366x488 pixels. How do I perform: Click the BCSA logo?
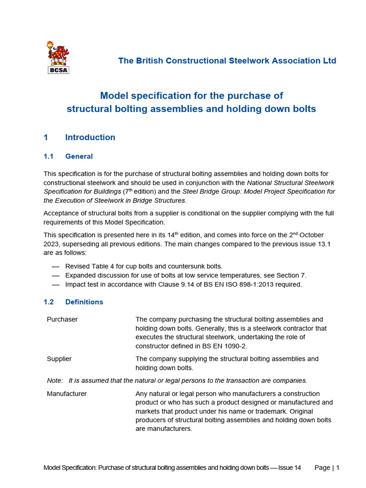pyautogui.click(x=58, y=58)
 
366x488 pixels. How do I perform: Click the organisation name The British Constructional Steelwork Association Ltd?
pyautogui.click(x=227, y=61)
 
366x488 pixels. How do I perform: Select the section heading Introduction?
pyautogui.click(x=90, y=137)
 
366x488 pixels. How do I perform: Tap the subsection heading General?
pyautogui.click(x=79, y=156)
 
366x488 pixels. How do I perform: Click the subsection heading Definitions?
pyautogui.click(x=84, y=302)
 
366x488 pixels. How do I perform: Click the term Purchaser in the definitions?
pyautogui.click(x=62, y=319)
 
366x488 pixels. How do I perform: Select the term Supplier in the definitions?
pyautogui.click(x=59, y=359)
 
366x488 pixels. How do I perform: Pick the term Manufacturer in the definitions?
pyautogui.click(x=67, y=394)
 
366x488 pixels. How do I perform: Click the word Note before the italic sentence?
pyautogui.click(x=54, y=380)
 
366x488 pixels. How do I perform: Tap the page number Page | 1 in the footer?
pyautogui.click(x=327, y=468)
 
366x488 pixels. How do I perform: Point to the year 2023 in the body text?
pyautogui.click(x=53, y=244)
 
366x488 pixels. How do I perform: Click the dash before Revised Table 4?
pyautogui.click(x=56, y=266)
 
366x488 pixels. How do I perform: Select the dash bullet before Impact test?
pyautogui.click(x=56, y=285)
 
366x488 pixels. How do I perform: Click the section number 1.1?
pyautogui.click(x=49, y=156)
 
